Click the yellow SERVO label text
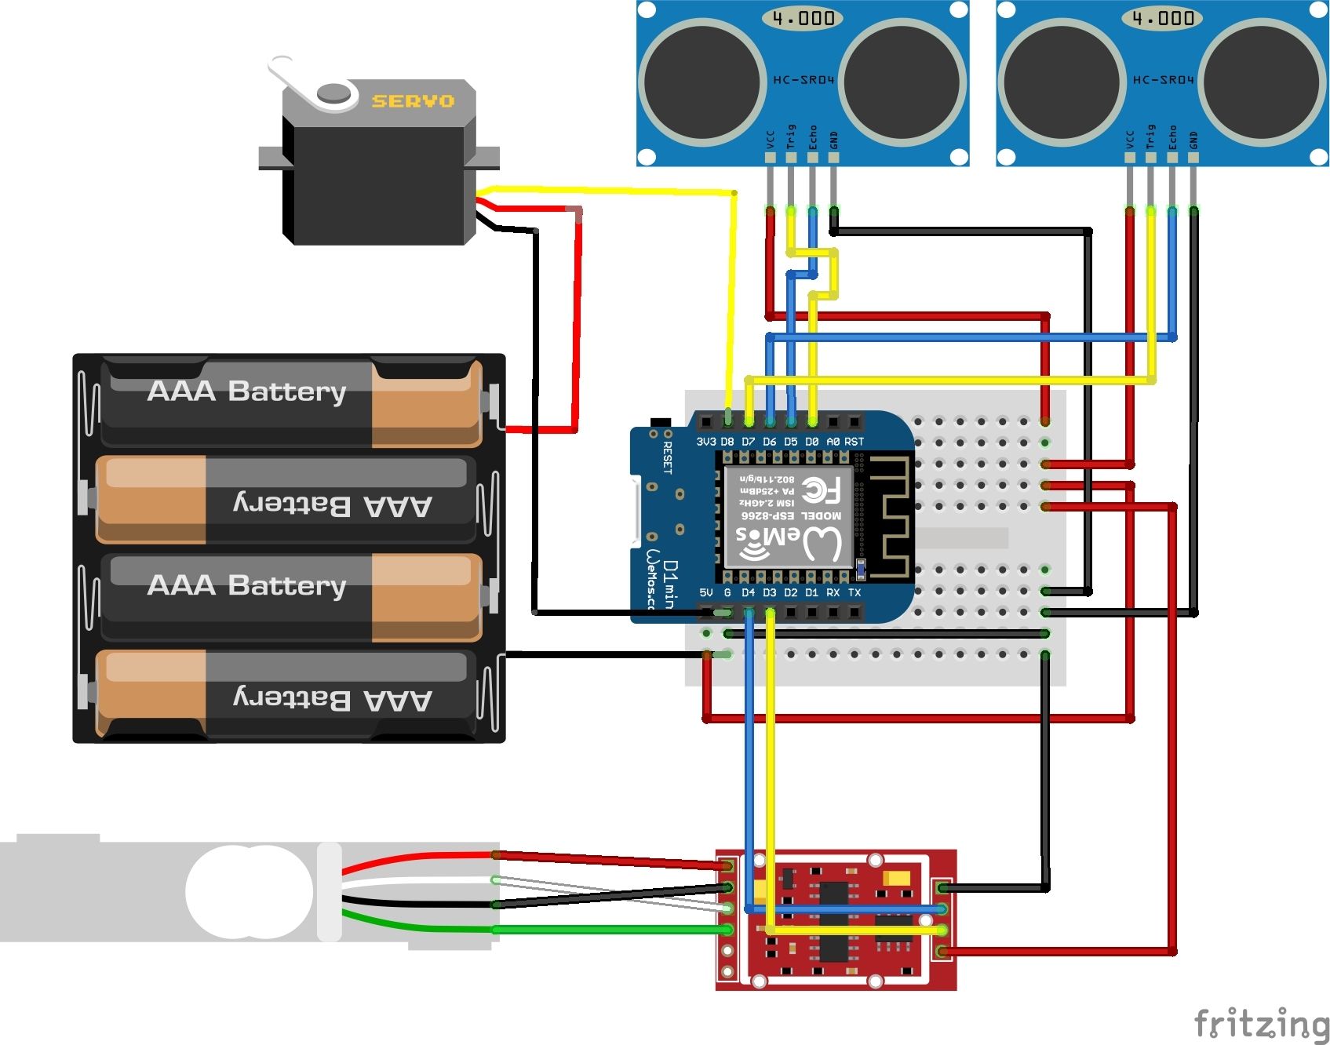pos(413,101)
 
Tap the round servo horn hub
pos(335,93)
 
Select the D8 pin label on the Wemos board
pos(727,442)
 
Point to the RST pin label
pos(854,442)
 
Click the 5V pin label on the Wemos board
pos(705,592)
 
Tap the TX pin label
pos(854,592)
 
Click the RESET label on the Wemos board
pos(668,458)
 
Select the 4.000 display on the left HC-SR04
pos(803,18)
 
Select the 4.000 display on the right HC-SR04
pos(1163,18)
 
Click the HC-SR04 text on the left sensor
pos(803,80)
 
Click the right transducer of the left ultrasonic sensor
pos(903,82)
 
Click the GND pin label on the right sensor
pos(1193,140)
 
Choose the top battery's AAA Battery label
pos(246,391)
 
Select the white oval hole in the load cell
pos(250,892)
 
